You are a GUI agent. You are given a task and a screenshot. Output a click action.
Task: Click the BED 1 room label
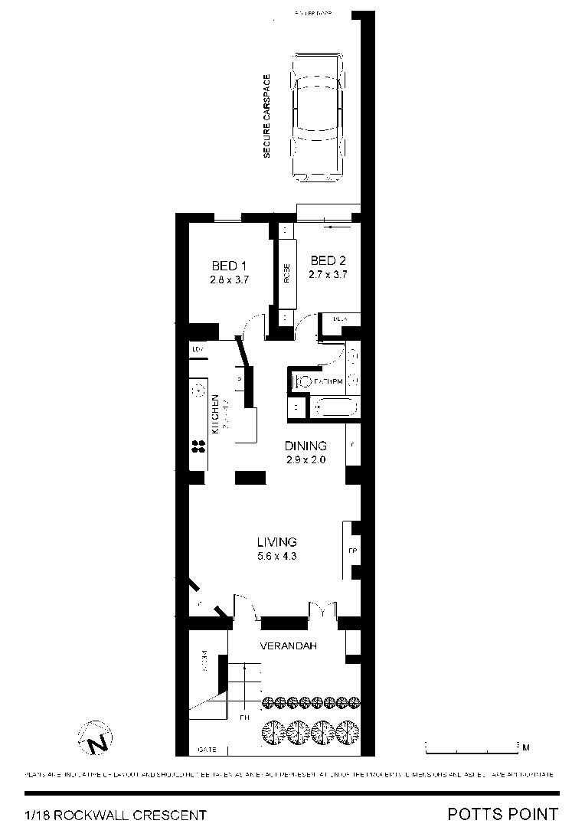point(229,266)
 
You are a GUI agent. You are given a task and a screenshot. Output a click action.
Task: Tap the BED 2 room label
point(328,260)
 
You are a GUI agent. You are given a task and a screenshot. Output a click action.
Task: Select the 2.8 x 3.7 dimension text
point(229,279)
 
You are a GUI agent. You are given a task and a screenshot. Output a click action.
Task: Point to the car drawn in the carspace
point(315,116)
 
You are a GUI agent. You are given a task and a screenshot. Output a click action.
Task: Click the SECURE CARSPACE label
point(267,116)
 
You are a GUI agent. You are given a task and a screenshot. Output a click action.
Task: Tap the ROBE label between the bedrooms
point(287,273)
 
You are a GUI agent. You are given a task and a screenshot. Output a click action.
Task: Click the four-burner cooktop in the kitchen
point(198,446)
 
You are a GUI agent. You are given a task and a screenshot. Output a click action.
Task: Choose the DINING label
point(306,446)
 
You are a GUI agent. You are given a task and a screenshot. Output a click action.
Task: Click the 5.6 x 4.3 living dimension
point(276,557)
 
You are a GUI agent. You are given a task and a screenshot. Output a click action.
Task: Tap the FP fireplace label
point(353,551)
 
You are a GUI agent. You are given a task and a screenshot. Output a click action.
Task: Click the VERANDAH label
point(288,646)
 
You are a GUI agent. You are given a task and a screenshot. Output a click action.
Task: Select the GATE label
point(207,749)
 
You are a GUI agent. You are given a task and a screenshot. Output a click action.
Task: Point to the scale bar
point(471,744)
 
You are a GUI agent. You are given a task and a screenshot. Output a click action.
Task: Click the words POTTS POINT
point(502,813)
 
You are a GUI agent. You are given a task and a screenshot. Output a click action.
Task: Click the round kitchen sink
point(198,389)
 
